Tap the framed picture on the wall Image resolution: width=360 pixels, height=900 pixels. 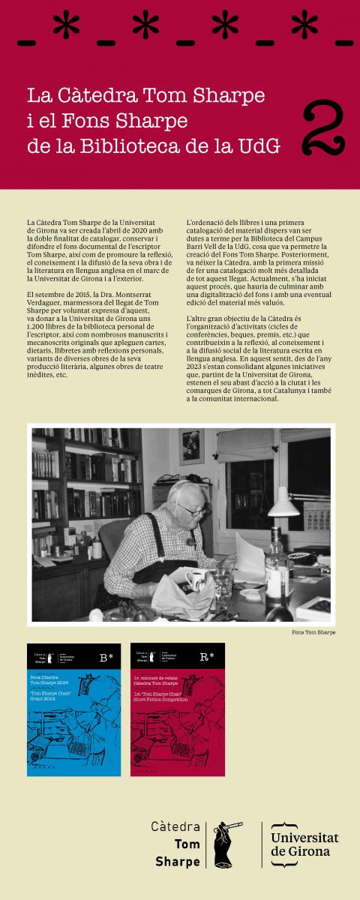point(191,446)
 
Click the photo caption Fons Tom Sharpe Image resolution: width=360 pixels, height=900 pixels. point(313,632)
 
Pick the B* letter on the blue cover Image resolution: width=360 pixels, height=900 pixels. point(106,658)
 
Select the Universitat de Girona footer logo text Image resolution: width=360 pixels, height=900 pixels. point(304,844)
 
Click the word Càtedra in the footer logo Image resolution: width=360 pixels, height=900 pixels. point(175,826)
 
